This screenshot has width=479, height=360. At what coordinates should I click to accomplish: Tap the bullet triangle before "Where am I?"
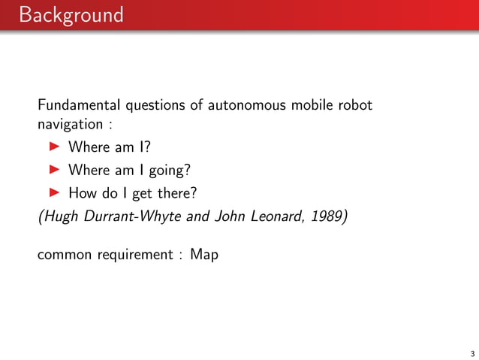pyautogui.click(x=54, y=146)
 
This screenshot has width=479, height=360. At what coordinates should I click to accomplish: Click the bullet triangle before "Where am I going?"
pyautogui.click(x=54, y=169)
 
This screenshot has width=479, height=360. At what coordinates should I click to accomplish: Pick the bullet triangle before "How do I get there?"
pyautogui.click(x=54, y=193)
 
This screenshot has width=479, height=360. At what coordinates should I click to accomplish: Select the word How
pyautogui.click(x=83, y=193)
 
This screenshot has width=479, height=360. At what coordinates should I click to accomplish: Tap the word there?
pyautogui.click(x=176, y=193)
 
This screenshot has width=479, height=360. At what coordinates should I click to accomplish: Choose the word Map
pyautogui.click(x=204, y=256)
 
